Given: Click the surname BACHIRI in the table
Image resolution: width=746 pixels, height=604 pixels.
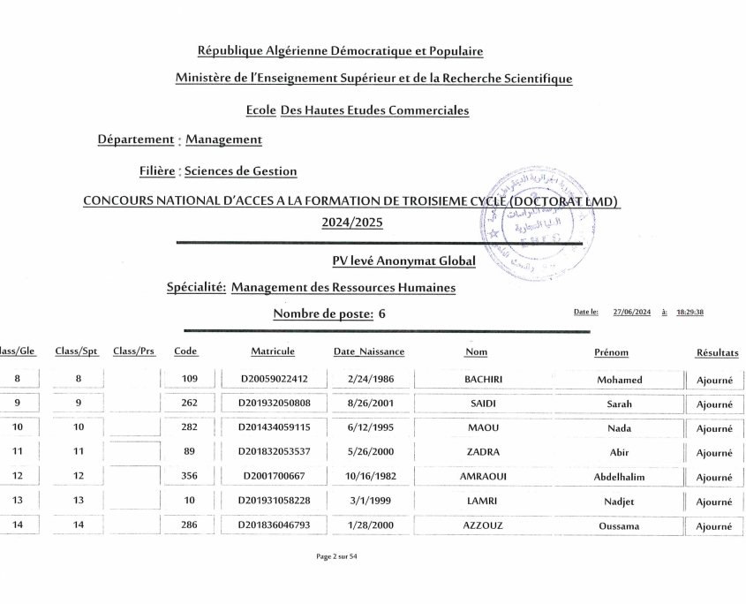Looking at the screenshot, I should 483,380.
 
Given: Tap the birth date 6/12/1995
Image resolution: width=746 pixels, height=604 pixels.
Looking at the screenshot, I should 369,428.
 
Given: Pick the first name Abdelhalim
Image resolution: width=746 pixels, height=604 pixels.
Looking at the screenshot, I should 619,477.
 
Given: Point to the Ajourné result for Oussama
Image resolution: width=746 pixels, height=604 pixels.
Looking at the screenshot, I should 714,526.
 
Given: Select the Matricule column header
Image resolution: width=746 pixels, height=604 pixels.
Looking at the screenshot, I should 273,351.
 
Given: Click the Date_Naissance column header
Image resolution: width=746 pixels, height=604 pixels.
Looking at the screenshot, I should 369,351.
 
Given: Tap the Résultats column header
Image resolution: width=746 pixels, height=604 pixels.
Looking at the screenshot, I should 717,352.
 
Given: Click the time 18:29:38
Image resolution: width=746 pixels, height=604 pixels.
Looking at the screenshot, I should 689,312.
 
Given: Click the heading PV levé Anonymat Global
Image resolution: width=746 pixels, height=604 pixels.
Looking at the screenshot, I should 403,260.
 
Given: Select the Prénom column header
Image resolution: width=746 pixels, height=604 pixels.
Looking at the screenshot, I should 611,352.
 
